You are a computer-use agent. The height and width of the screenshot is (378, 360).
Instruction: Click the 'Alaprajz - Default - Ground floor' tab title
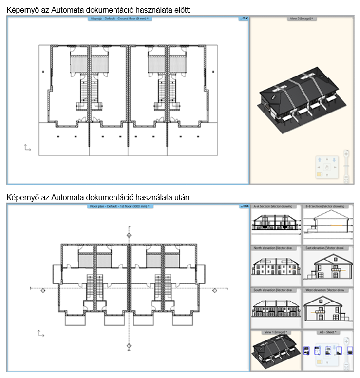coord(119,19)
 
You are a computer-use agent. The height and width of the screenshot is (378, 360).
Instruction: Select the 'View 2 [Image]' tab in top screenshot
coord(301,19)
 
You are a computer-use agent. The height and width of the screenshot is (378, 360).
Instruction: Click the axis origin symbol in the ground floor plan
coord(27,147)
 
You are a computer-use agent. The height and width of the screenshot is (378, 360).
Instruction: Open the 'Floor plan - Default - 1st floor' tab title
coord(119,207)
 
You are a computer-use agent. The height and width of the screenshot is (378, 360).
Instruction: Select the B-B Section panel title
coord(324,207)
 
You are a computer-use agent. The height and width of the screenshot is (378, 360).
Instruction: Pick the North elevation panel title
coord(272,248)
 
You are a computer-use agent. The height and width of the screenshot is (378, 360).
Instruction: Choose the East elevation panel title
coord(324,248)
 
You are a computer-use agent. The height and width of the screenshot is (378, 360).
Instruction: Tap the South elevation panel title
coord(272,290)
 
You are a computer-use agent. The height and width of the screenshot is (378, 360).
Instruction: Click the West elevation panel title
coord(324,290)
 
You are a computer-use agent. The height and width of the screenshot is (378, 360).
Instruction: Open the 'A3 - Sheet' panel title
coord(325,332)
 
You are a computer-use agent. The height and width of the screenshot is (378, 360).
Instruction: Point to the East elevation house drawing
coord(325,267)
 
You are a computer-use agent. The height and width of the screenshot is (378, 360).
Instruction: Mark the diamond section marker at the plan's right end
coord(214,291)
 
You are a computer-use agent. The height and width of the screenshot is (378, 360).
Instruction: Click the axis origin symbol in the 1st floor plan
coord(41,334)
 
